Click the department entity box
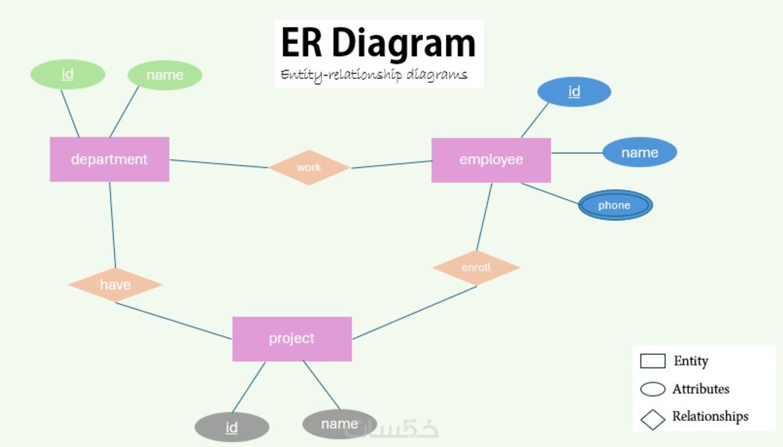click(110, 159)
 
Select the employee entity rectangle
click(491, 160)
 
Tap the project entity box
click(292, 339)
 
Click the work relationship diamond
click(309, 167)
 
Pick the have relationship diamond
click(115, 285)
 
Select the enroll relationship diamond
click(476, 268)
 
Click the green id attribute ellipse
click(68, 74)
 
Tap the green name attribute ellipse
click(165, 75)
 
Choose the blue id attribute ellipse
click(574, 92)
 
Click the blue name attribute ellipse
click(640, 153)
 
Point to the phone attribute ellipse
click(615, 205)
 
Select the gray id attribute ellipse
click(232, 427)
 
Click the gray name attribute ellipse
click(339, 424)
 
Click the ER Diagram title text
click(378, 43)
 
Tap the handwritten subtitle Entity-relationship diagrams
click(374, 75)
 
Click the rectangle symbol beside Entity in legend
click(653, 361)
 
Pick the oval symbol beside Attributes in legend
click(653, 389)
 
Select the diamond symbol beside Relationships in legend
click(653, 419)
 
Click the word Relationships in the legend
click(710, 416)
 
